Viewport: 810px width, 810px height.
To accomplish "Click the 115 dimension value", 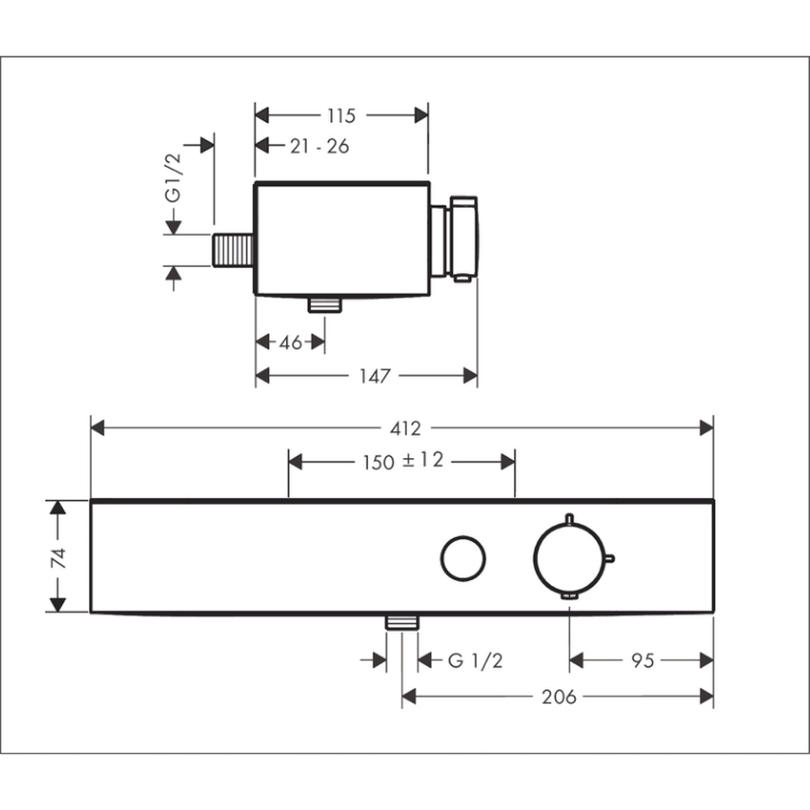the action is coord(341,115).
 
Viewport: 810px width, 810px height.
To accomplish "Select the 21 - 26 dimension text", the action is coord(320,146).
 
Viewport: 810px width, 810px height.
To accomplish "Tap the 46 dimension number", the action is coord(290,342).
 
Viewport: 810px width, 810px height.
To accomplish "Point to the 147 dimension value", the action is coord(375,376).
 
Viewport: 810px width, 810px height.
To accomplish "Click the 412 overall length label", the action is coord(405,429).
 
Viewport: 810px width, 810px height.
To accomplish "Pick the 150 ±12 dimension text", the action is coord(403,461).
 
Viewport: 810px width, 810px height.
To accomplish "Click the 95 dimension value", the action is coord(643,661).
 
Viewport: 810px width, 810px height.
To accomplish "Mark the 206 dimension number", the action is coord(559,697).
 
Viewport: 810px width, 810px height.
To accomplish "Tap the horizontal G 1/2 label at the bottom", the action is coord(475,661).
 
